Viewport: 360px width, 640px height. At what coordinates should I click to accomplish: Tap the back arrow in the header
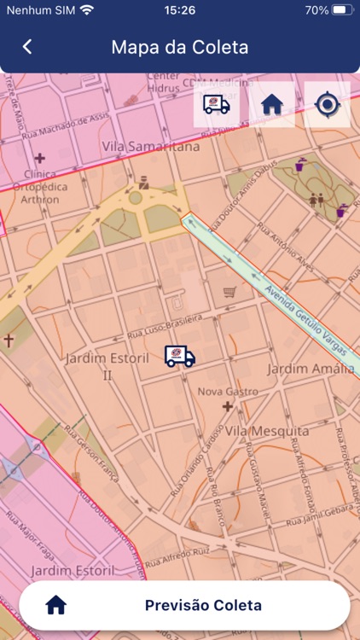27,47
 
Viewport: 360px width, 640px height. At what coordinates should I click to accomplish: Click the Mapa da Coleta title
180,47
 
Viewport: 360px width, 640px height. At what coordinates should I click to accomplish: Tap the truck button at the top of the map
217,105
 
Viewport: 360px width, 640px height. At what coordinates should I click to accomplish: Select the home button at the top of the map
272,105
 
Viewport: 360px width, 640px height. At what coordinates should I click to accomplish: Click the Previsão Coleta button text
203,606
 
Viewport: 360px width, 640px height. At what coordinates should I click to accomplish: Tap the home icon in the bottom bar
56,606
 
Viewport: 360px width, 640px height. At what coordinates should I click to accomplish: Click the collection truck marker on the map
179,357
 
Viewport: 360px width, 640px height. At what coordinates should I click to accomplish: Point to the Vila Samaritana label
151,147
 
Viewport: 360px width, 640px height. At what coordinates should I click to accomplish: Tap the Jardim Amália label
311,369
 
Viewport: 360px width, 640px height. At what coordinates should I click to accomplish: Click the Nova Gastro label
228,392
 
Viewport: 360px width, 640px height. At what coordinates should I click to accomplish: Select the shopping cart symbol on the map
229,293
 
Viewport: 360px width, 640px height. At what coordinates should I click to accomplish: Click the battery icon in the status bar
341,10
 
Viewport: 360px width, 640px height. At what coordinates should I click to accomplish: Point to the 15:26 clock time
180,10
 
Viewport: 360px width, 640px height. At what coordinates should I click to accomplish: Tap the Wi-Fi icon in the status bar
86,10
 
